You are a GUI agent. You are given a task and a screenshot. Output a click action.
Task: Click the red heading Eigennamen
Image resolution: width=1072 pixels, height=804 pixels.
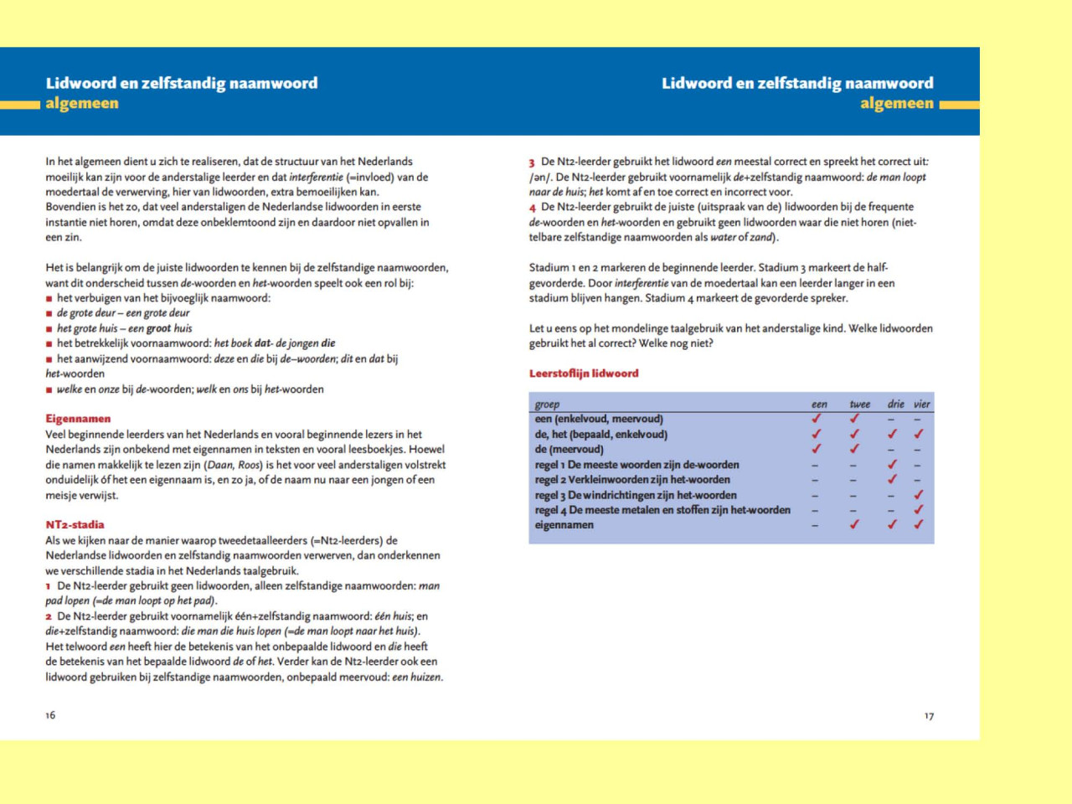pos(78,419)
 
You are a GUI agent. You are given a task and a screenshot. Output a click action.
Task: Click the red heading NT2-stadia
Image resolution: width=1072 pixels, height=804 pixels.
pos(75,525)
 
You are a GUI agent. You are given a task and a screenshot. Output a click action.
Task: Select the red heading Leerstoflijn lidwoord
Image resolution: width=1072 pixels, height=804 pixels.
pos(584,374)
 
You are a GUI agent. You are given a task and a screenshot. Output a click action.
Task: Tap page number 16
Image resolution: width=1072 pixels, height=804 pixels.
pos(50,715)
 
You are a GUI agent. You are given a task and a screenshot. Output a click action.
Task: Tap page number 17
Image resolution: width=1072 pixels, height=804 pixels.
pos(929,716)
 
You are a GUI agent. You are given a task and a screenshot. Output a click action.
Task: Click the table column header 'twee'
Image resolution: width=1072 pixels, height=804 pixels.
pos(859,405)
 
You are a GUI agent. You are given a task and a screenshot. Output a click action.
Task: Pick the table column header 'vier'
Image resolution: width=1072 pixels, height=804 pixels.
pos(921,405)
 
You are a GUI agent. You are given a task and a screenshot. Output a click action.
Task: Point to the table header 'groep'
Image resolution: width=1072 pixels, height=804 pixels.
pos(547,405)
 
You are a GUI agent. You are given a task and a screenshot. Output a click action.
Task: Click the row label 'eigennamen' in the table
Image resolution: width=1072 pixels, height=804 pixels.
pos(564,525)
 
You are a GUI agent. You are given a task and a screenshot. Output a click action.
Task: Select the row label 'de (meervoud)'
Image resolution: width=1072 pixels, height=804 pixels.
pos(569,450)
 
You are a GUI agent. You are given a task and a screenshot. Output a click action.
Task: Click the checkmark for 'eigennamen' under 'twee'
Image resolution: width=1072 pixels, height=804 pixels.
pos(854,525)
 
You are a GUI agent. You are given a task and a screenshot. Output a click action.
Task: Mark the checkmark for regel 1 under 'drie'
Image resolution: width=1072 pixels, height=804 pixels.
pos(892,465)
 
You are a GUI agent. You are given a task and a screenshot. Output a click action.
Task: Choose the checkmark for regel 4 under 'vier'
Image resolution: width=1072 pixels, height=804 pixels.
pos(919,510)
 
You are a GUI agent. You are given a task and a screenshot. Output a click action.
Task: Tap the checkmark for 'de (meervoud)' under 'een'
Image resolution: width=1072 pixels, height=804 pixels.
pos(817,450)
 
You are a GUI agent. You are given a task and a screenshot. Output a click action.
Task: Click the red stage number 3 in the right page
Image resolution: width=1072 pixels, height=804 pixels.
pos(532,162)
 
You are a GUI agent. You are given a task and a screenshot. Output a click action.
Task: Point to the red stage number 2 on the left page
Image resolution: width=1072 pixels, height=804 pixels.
pos(49,616)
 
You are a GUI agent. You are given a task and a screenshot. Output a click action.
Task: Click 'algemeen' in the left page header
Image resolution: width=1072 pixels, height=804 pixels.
pos(82,104)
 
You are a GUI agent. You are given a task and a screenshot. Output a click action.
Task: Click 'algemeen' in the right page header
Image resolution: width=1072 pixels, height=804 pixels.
pos(896,104)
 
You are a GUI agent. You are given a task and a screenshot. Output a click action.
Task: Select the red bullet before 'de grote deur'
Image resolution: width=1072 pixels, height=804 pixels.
pos(49,313)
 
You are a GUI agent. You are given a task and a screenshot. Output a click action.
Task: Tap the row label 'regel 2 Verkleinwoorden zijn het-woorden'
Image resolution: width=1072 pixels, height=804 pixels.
pos(632,480)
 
